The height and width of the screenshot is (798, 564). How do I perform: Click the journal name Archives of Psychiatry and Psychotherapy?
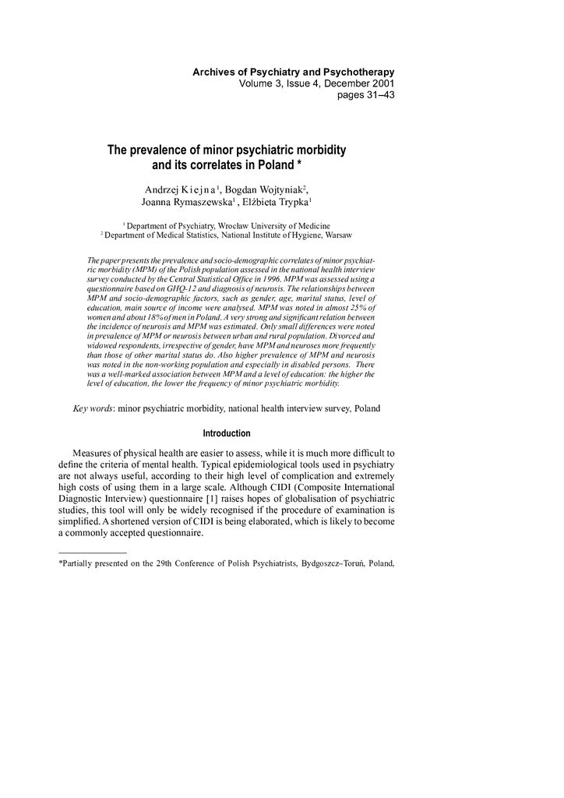pyautogui.click(x=294, y=72)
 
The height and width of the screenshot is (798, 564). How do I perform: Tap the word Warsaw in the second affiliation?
pyautogui.click(x=337, y=234)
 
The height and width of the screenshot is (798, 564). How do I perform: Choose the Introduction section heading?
pyautogui.click(x=227, y=433)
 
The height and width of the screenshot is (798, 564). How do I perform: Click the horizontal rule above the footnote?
pyautogui.click(x=93, y=553)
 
